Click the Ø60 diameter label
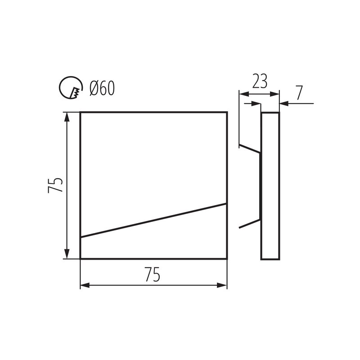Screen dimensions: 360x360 (x=102, y=88)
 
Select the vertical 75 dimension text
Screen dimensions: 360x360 (x=55, y=185)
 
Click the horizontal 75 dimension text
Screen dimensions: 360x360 (x=153, y=274)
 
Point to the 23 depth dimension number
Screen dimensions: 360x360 (x=260, y=81)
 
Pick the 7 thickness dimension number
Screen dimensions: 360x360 (x=299, y=93)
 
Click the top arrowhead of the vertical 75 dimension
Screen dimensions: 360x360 (x=67, y=117)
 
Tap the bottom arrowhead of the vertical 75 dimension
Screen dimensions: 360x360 (x=67, y=254)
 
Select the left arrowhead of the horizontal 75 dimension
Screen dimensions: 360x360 (x=85, y=285)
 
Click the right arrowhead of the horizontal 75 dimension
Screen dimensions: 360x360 (x=222, y=285)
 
